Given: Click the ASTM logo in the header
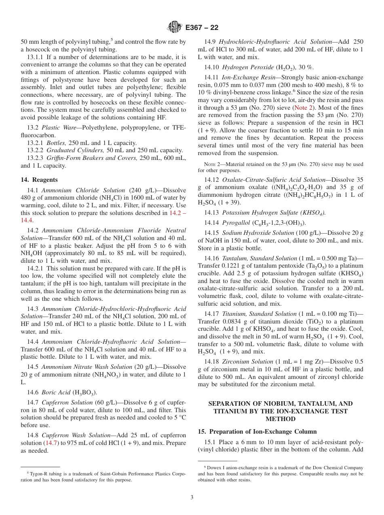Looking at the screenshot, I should click(175, 27).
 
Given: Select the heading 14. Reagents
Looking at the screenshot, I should click(39, 180).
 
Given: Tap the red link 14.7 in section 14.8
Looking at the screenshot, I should click(51, 443).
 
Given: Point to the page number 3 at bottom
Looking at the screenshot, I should click(192, 498).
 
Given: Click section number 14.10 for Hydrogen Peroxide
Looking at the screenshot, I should click(212, 67).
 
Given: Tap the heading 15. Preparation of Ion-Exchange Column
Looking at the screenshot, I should click(257, 432).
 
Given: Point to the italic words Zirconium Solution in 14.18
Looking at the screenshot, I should click(247, 362).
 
